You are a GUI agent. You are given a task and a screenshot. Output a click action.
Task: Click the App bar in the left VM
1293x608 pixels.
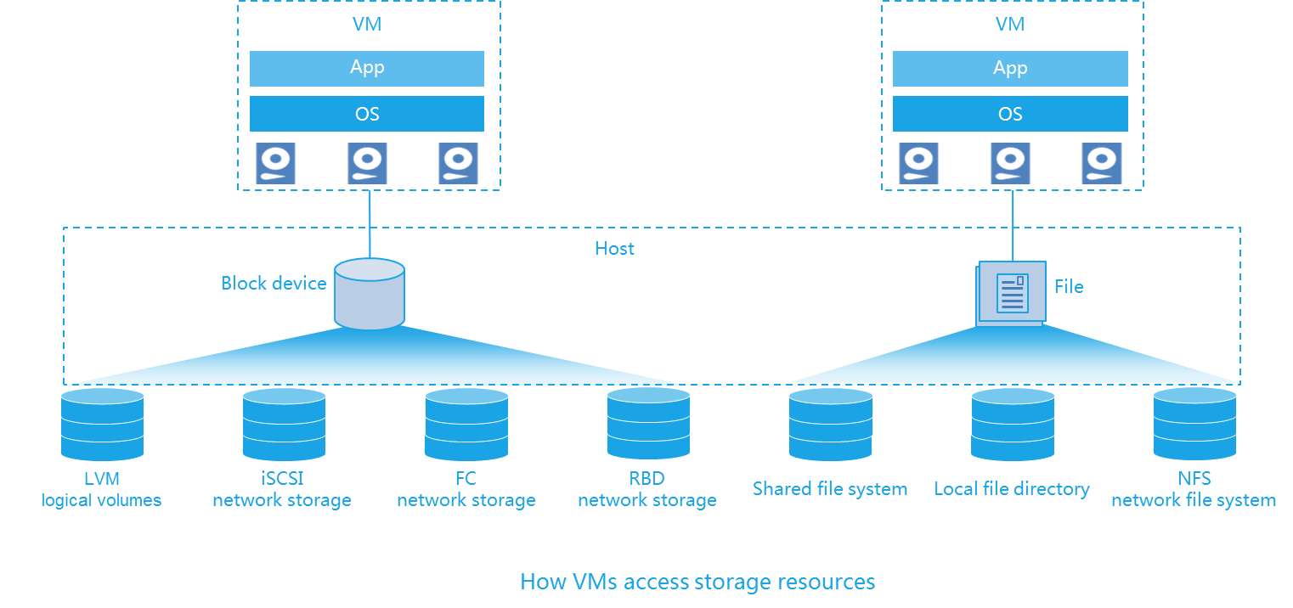[x=367, y=68]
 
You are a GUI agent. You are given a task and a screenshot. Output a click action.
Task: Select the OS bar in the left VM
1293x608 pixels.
[x=367, y=114]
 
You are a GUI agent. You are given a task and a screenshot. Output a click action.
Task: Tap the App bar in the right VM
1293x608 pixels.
[x=1010, y=68]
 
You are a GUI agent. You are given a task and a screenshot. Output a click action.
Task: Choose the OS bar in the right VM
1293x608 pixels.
[x=1010, y=114]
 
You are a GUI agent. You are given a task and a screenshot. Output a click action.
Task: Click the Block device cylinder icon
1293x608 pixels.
[x=370, y=294]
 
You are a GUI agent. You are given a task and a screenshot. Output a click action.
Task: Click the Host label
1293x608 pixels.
[x=614, y=249]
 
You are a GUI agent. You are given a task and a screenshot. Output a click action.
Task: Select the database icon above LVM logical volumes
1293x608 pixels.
[x=102, y=425]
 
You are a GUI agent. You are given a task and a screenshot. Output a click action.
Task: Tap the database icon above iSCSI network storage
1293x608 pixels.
[x=284, y=425]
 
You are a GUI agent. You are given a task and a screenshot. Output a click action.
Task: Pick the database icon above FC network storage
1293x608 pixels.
[x=466, y=425]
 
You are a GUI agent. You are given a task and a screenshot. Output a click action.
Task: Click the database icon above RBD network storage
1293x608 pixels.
[x=648, y=425]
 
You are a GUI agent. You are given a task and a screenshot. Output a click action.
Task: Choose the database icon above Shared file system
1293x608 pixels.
[x=830, y=425]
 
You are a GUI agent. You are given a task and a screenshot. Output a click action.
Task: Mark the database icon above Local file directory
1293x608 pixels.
[x=1013, y=425]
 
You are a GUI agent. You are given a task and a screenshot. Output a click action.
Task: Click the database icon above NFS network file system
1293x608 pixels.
[x=1194, y=425]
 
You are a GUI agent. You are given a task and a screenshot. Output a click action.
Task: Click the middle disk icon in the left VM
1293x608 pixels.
[x=368, y=163]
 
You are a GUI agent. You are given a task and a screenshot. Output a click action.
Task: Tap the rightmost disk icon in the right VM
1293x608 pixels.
[x=1102, y=163]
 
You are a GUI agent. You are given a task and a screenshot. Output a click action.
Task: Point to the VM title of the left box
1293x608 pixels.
[x=367, y=25]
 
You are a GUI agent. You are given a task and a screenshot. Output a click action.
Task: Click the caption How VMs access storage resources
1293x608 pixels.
[x=697, y=582]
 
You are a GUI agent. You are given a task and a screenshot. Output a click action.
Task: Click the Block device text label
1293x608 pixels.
[x=274, y=284]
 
